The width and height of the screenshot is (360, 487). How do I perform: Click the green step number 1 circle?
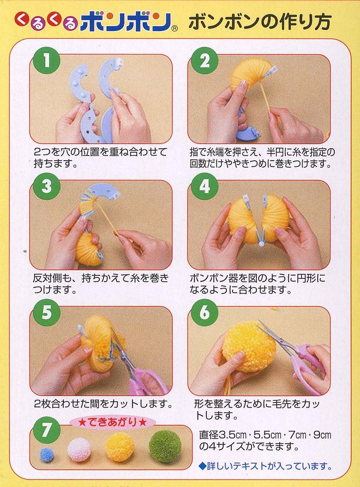coord(47,60)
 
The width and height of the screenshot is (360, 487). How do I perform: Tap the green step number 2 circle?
coord(204,60)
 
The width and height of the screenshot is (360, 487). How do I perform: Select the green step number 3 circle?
coord(47,186)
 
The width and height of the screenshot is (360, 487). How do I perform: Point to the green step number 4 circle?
coord(204,186)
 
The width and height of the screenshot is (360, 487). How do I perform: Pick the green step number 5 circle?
coord(47,312)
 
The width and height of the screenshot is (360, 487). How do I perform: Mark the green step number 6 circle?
coord(204,312)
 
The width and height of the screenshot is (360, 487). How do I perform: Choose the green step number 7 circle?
coord(47,430)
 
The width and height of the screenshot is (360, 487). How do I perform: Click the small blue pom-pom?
coord(47,455)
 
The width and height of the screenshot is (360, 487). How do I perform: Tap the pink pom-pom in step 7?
coord(79,449)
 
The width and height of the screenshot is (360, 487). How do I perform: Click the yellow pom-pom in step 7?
coord(119,448)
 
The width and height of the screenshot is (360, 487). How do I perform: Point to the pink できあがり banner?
coord(112,422)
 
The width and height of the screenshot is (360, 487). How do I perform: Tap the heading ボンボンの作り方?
coord(260,22)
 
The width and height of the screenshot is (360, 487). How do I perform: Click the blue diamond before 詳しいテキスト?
coord(203,466)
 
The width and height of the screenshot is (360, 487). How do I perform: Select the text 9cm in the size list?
coord(322,435)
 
